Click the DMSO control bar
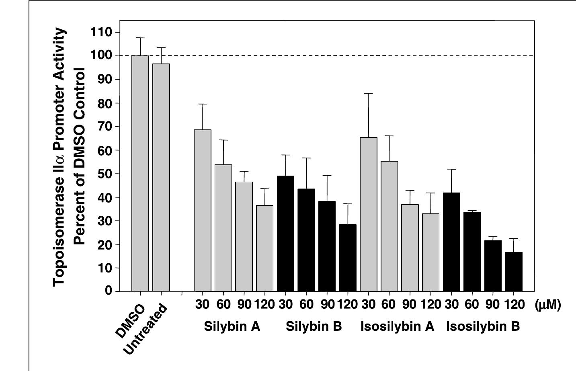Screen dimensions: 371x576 click(140, 173)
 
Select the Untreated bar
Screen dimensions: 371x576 click(161, 177)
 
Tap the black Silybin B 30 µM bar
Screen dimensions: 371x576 click(285, 233)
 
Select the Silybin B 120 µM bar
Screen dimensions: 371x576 click(348, 258)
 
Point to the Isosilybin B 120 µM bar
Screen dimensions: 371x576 click(513, 271)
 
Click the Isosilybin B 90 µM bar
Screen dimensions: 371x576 click(493, 266)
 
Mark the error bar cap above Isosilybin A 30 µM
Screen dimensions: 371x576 click(369, 93)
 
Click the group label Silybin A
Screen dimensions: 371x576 click(232, 326)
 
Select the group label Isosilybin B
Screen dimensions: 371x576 click(483, 326)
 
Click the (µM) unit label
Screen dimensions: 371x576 click(547, 305)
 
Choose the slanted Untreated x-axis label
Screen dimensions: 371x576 click(145, 330)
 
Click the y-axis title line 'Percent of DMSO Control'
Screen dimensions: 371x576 click(80, 157)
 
